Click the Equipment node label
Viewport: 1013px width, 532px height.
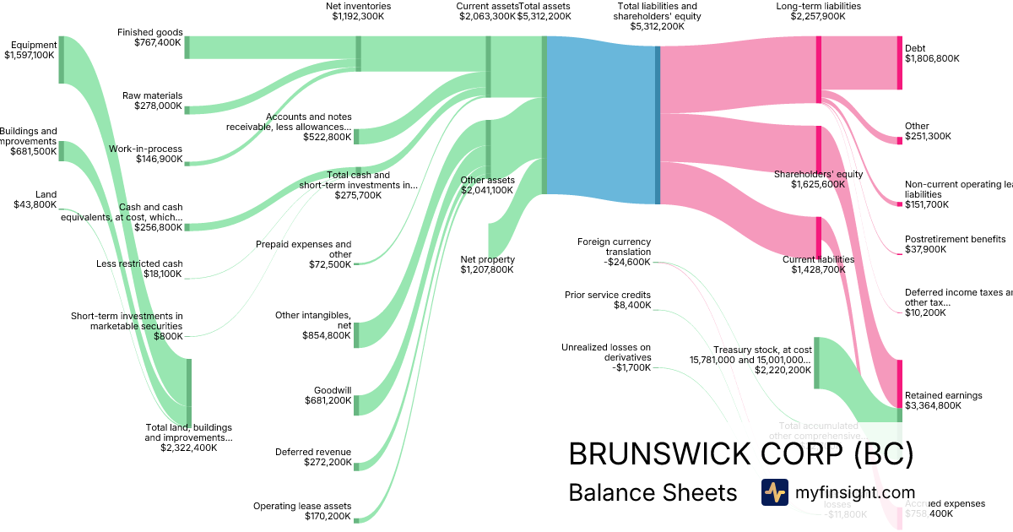(35, 45)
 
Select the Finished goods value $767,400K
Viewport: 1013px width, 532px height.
(158, 42)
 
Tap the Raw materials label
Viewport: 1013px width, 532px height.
(152, 95)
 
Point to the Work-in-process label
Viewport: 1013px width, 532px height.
(145, 149)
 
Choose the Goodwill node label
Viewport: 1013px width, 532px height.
(332, 390)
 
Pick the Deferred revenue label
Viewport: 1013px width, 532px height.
(312, 452)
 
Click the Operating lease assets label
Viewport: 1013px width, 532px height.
(302, 506)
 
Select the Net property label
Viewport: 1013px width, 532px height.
(487, 259)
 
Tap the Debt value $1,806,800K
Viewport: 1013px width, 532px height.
(932, 59)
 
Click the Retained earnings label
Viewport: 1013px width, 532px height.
(943, 395)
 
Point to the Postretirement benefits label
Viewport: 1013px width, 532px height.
(955, 239)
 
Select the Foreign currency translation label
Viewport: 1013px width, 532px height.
(614, 247)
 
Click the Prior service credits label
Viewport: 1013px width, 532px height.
(608, 295)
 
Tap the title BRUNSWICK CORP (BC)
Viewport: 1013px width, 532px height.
(740, 453)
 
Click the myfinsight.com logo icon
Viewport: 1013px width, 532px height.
(774, 492)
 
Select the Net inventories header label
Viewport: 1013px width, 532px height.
(358, 7)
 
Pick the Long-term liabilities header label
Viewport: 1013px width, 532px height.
(818, 7)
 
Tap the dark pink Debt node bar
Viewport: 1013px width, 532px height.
(900, 62)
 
